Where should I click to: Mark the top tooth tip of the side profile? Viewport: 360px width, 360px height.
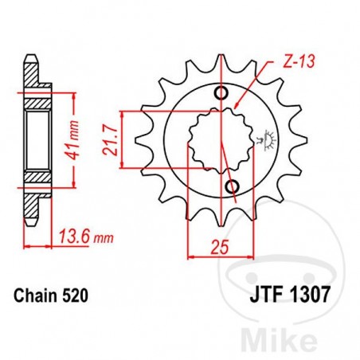tap(30, 58)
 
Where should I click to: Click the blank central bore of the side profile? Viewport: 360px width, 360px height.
tap(37, 140)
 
